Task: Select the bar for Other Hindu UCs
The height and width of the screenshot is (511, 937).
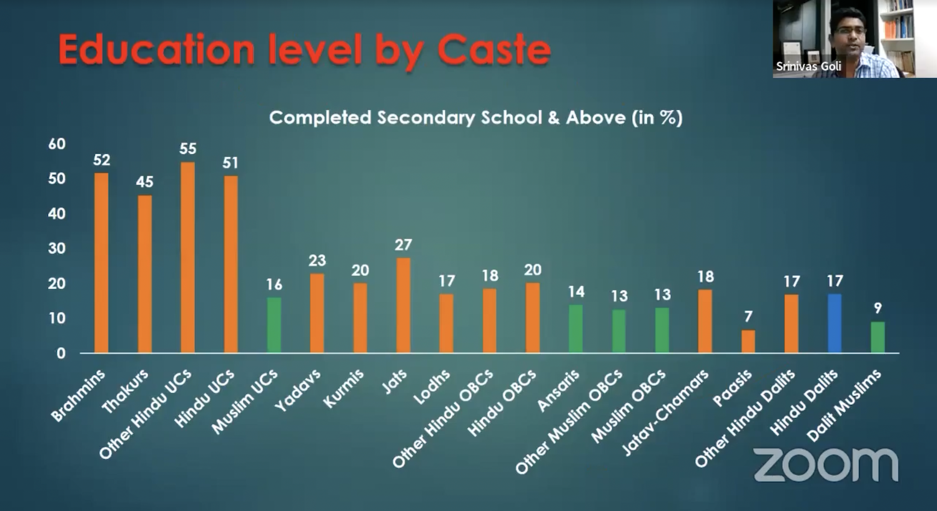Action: [187, 257]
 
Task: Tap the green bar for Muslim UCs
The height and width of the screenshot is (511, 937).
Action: [274, 325]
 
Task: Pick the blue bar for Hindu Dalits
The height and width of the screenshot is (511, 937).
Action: [835, 324]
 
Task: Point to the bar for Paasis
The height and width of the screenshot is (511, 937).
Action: [748, 341]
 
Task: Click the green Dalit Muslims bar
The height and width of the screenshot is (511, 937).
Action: [878, 337]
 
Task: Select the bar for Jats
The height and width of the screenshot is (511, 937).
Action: [404, 305]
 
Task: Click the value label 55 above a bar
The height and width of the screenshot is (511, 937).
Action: [187, 149]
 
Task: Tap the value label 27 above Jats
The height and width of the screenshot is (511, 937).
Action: [404, 245]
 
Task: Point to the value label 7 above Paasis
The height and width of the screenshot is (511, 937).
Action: [748, 317]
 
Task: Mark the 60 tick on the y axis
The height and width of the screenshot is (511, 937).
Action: [57, 144]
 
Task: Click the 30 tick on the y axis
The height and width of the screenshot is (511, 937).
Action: [57, 249]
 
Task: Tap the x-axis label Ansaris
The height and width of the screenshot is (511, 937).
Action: [558, 391]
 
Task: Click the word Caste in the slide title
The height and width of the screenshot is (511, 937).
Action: [493, 50]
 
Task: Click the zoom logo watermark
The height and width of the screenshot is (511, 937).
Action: [826, 465]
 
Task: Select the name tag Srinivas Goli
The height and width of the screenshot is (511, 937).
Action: [808, 66]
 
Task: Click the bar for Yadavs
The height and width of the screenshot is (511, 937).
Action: [317, 313]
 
